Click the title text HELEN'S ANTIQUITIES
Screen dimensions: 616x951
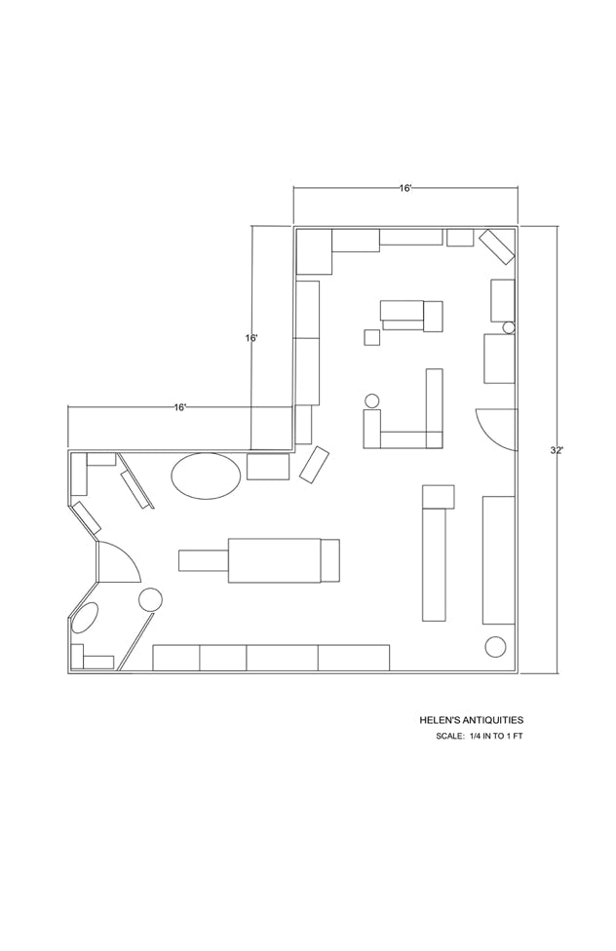coord(472,720)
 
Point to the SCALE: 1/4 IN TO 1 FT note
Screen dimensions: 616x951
coord(479,737)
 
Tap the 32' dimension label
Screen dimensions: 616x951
coord(556,450)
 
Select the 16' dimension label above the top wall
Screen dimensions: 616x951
coord(406,188)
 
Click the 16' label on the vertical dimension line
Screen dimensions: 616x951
coord(251,338)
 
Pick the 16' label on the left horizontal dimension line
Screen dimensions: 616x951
coord(180,407)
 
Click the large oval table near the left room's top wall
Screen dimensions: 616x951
coord(206,476)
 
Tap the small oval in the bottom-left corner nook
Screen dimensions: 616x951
coord(85,619)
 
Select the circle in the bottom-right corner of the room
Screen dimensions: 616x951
coord(496,647)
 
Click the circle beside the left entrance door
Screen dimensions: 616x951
coord(150,600)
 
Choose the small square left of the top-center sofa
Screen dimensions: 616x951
coord(372,337)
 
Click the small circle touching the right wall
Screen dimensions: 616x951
coord(509,327)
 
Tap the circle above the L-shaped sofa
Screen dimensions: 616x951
coord(372,400)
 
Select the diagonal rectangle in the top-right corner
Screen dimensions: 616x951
coord(497,247)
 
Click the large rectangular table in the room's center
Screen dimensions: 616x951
coord(274,560)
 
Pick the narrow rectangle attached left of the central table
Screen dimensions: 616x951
coord(204,560)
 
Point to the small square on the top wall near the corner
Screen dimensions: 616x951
coord(460,237)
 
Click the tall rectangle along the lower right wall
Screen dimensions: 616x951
coord(499,560)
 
